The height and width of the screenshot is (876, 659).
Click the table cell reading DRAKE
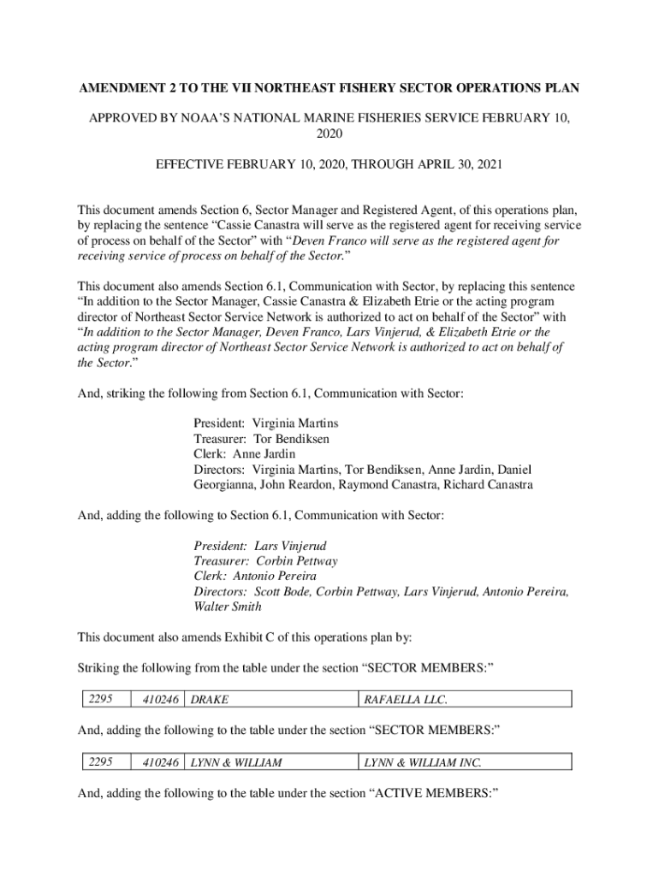[210, 700]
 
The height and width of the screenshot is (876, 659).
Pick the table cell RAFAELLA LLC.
[406, 700]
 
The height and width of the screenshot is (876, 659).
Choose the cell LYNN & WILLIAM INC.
[423, 761]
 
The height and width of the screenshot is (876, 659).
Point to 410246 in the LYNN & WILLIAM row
[161, 761]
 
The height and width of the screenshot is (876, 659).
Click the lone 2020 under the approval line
[329, 133]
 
